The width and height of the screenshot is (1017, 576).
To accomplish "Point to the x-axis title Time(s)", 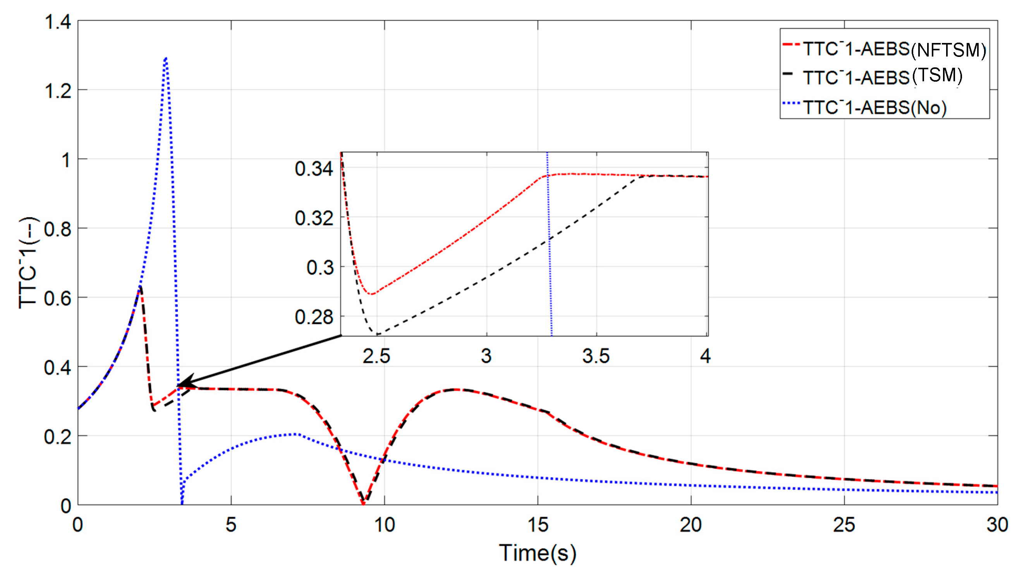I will click(537, 553).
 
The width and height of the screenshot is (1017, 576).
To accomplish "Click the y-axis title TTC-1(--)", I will click(28, 263).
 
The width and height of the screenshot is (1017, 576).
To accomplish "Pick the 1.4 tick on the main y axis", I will click(58, 22).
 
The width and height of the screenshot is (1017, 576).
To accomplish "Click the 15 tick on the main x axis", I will click(538, 525).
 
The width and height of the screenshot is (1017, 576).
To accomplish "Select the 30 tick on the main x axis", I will click(997, 525).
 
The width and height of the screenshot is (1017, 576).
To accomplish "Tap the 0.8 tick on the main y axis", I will click(58, 229).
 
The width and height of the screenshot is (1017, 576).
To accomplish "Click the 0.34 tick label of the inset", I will click(314, 169).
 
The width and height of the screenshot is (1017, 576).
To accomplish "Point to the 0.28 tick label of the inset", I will click(314, 317).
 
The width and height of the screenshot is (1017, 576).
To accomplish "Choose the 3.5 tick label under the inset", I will click(596, 356).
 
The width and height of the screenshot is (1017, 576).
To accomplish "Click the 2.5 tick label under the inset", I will click(376, 356).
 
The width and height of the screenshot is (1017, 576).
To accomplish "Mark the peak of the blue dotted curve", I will click(166, 58).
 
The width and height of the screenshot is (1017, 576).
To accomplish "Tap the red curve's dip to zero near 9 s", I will click(363, 503).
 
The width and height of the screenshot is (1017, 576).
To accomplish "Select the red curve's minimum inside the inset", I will click(371, 294).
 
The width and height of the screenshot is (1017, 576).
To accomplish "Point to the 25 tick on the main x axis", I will click(843, 525).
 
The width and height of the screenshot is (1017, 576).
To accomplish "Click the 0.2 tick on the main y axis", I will click(58, 437).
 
